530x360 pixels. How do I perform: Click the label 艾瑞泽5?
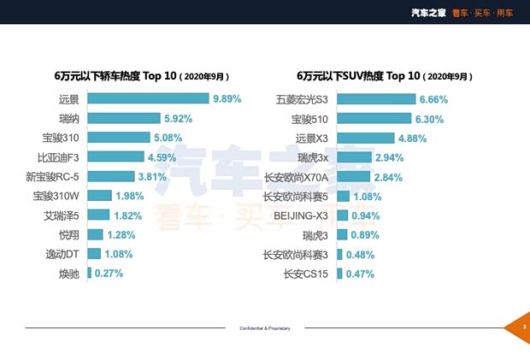click(61, 215)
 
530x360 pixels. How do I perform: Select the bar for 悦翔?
click(95, 234)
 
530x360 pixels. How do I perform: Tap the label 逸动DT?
click(62, 254)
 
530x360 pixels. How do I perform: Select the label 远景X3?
click(312, 138)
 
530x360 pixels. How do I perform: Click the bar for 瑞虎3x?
click(355, 157)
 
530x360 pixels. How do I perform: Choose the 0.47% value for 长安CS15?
click(360, 274)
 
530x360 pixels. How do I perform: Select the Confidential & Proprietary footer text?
click(264, 328)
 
